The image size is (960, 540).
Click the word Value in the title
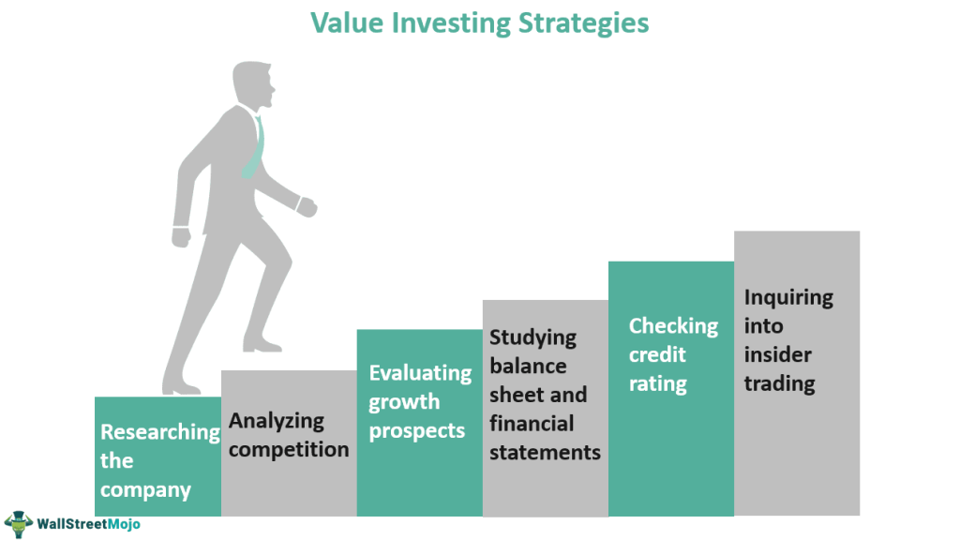(x=347, y=23)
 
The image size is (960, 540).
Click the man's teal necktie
(x=254, y=147)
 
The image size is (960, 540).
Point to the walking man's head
(x=253, y=84)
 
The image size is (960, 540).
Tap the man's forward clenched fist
(x=307, y=207)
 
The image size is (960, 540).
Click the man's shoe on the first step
(x=180, y=388)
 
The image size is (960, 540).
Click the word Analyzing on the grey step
(x=277, y=422)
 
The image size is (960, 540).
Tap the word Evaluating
(x=420, y=374)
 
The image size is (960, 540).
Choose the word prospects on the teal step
(x=417, y=431)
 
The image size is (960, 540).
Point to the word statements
(x=545, y=453)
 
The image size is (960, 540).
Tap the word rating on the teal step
(x=657, y=384)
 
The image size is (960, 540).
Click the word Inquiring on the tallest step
(x=788, y=298)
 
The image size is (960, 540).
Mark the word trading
(x=779, y=384)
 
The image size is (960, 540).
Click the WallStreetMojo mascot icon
(x=19, y=524)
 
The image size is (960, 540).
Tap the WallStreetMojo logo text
(x=89, y=524)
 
